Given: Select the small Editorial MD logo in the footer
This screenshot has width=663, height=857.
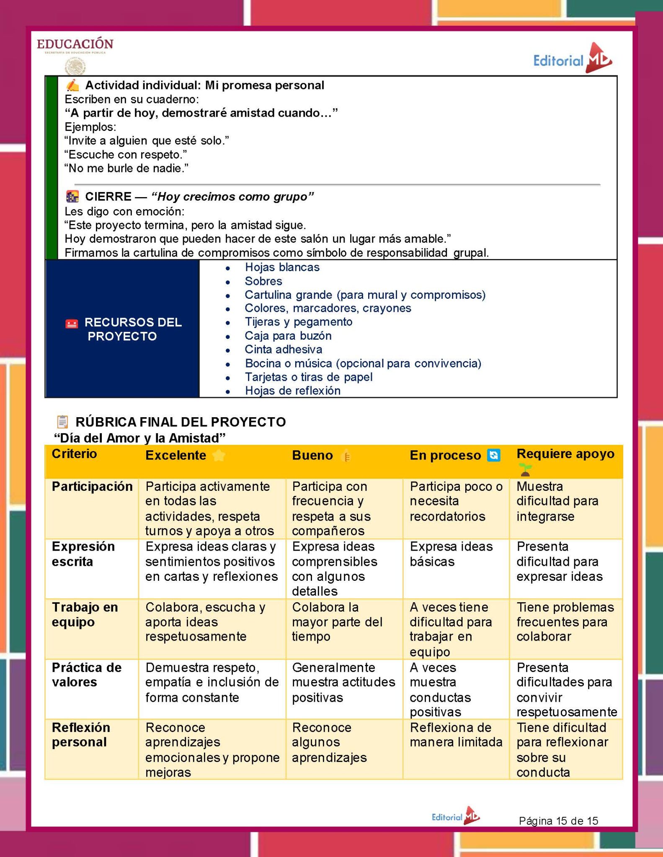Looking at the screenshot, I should pyautogui.click(x=456, y=816).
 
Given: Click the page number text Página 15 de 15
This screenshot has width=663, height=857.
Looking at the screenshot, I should pyautogui.click(x=558, y=821).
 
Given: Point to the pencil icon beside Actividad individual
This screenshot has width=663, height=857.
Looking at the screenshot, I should pyautogui.click(x=72, y=85).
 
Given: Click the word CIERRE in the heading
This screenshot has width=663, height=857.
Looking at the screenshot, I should pyautogui.click(x=108, y=197).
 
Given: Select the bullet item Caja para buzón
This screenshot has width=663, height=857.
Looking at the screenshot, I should pyautogui.click(x=288, y=336).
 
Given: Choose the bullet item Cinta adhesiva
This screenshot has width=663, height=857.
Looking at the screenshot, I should pyautogui.click(x=284, y=349).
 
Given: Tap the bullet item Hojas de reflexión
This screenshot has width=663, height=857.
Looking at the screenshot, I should pyautogui.click(x=293, y=391).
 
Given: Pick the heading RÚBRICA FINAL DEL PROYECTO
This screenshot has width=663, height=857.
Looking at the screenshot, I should pyautogui.click(x=181, y=422).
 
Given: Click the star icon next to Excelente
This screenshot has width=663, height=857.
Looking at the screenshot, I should pyautogui.click(x=219, y=455).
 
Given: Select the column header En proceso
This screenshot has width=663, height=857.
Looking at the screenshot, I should pyautogui.click(x=445, y=455).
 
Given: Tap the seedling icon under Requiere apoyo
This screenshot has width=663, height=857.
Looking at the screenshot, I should pyautogui.click(x=525, y=470).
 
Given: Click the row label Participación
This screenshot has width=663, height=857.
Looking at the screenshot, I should pyautogui.click(x=92, y=486).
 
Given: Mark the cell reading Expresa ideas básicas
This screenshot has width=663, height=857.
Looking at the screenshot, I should pyautogui.click(x=451, y=554).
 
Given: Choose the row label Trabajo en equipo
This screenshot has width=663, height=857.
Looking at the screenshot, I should pyautogui.click(x=85, y=614).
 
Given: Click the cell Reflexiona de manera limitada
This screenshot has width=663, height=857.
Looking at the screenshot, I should pyautogui.click(x=456, y=735).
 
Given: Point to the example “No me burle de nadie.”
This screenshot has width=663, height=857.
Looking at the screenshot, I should pyautogui.click(x=126, y=168).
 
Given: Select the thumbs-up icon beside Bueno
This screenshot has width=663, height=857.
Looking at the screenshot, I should pyautogui.click(x=346, y=456).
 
